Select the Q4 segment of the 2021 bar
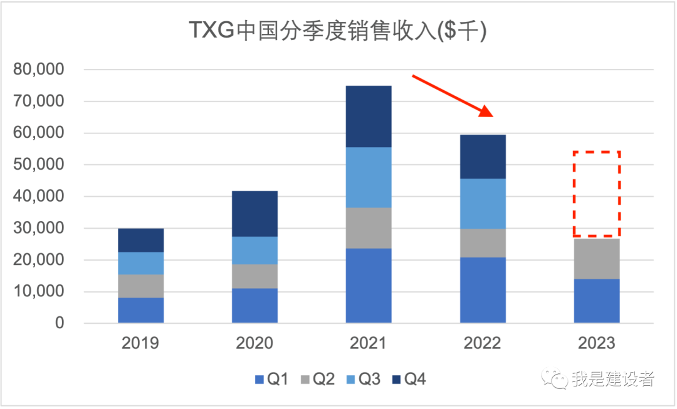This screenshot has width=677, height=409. pos(369,116)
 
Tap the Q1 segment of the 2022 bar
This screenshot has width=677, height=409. pos(483,290)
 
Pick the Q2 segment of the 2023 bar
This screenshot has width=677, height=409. pos(597,259)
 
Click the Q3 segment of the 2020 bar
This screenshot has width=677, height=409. pos(255,250)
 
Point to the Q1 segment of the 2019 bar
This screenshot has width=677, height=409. pos(140,310)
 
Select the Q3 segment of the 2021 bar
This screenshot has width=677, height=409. pos(369,177)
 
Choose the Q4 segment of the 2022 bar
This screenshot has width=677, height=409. pos(483,157)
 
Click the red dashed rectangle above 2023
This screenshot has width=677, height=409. pos(597,194)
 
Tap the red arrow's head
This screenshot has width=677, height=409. pos(486,113)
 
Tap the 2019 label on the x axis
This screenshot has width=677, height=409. pos(140,343)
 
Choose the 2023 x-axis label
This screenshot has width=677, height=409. pos(597,343)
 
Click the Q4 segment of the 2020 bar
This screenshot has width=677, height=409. pos(255,214)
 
